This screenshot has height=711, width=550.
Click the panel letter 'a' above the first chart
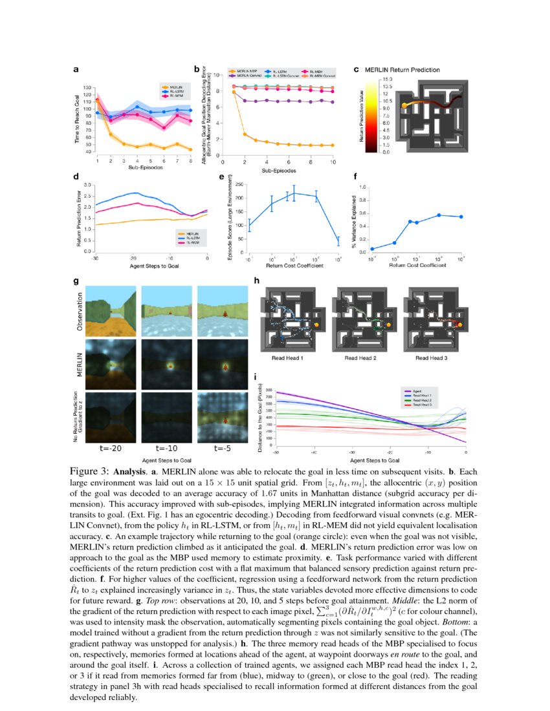tap(76, 70)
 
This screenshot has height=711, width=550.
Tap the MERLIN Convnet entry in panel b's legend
tap(244, 76)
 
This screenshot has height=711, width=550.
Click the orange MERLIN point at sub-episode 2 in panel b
tap(245, 134)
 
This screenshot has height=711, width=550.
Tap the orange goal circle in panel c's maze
tap(405, 105)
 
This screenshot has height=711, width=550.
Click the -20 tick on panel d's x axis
tap(132, 257)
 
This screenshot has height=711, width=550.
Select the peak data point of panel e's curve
tap(294, 193)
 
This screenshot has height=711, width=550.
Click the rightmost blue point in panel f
tap(461, 217)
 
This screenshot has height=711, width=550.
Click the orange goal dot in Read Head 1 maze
tap(317, 323)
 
